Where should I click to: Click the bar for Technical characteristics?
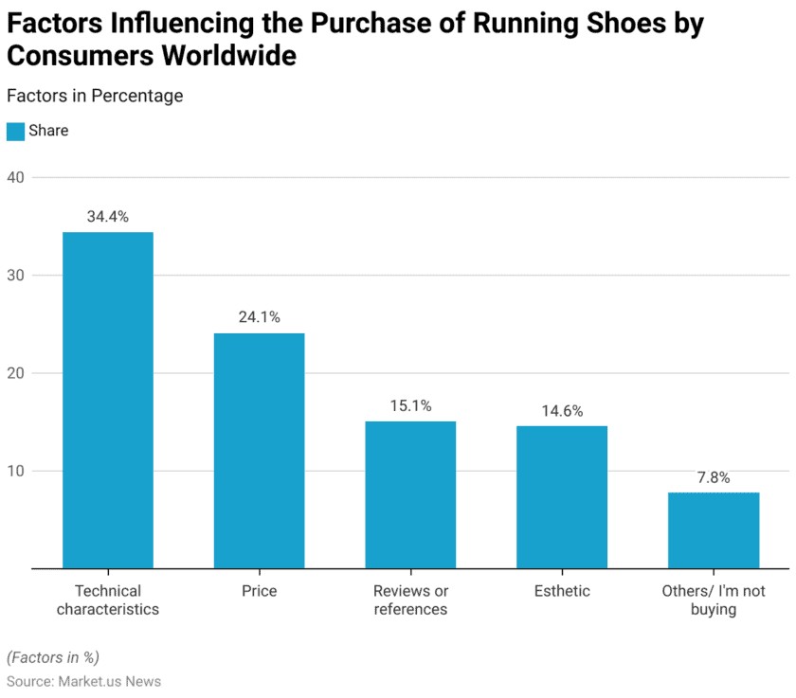(x=107, y=400)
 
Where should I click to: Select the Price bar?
(x=259, y=450)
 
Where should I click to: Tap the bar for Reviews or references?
(x=410, y=494)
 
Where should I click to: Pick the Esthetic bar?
(x=562, y=496)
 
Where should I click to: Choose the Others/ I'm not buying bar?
(x=714, y=530)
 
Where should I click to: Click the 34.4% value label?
(x=107, y=217)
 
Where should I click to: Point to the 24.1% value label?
(x=259, y=317)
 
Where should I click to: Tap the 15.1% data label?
(x=410, y=405)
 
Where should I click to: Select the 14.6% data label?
(x=562, y=411)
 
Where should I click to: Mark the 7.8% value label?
(x=714, y=477)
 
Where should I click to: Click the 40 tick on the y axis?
(x=15, y=177)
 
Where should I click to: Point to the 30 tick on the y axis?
(x=15, y=276)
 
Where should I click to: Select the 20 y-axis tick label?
(x=15, y=373)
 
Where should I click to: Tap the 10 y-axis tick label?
(x=15, y=471)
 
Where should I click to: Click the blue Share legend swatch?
(x=15, y=132)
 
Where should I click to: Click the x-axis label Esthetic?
(x=562, y=591)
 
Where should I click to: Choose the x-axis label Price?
(x=259, y=591)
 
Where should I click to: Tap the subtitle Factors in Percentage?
(x=95, y=96)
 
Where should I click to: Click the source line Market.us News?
(x=83, y=681)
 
